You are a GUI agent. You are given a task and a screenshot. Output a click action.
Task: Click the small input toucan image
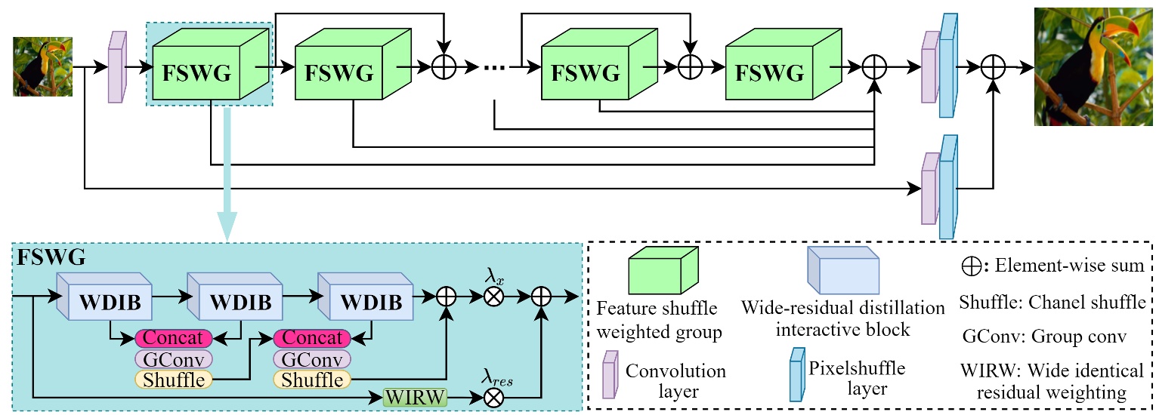click(x=42, y=66)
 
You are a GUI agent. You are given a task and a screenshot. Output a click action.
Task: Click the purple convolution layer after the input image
click(x=116, y=67)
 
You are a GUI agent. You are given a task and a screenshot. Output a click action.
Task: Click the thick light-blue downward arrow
click(x=227, y=174)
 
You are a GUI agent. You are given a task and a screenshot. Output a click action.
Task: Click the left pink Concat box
click(x=173, y=338)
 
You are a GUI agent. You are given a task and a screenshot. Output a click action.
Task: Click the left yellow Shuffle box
click(x=173, y=379)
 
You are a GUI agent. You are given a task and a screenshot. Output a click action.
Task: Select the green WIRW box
click(x=415, y=396)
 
